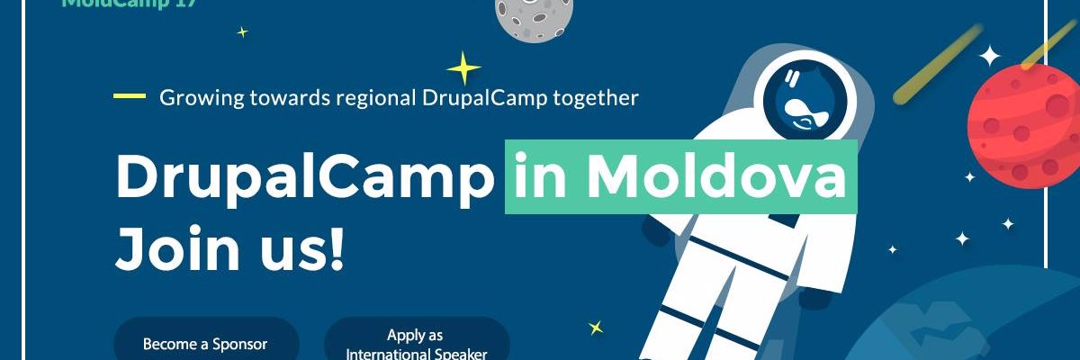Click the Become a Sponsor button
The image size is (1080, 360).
point(205,344)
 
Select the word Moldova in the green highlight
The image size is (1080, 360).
point(716,177)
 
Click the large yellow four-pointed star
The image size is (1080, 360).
point(463,68)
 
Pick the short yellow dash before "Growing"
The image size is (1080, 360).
point(130,96)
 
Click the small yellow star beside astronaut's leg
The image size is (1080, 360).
point(595,328)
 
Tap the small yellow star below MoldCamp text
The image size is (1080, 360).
point(241,32)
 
